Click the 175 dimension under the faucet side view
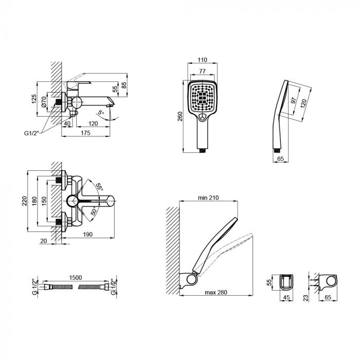click(x=85, y=133)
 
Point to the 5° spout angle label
click(x=101, y=111)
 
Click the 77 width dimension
click(x=203, y=72)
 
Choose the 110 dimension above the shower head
click(x=203, y=60)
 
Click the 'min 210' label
click(x=208, y=197)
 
